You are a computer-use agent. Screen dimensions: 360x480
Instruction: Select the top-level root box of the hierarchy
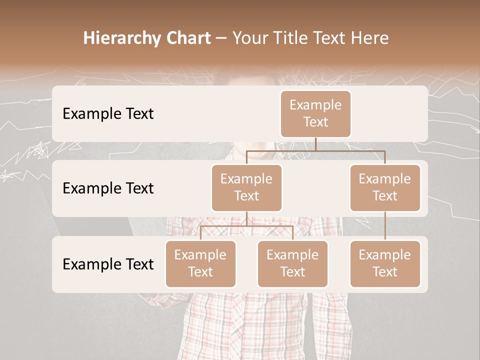(315, 114)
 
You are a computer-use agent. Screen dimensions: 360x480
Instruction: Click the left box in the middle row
(246, 188)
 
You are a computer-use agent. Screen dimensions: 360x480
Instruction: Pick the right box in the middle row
(385, 188)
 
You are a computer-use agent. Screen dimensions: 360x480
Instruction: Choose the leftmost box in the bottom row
(200, 264)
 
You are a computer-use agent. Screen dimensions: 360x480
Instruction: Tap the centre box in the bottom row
(292, 264)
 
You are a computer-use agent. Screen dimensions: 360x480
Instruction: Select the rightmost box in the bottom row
(385, 264)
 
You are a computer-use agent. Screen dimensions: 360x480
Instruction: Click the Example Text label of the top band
(108, 114)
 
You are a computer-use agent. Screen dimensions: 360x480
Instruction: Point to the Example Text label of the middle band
(108, 188)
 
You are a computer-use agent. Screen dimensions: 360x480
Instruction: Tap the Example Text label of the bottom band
(108, 264)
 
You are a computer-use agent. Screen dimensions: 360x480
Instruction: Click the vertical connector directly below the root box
(315, 144)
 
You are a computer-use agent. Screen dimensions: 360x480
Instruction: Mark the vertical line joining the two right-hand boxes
(385, 226)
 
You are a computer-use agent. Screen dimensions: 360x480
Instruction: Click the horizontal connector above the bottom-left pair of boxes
(246, 226)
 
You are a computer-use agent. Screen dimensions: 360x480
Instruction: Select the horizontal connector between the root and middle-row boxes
(315, 150)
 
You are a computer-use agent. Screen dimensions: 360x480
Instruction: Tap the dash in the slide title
(221, 38)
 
